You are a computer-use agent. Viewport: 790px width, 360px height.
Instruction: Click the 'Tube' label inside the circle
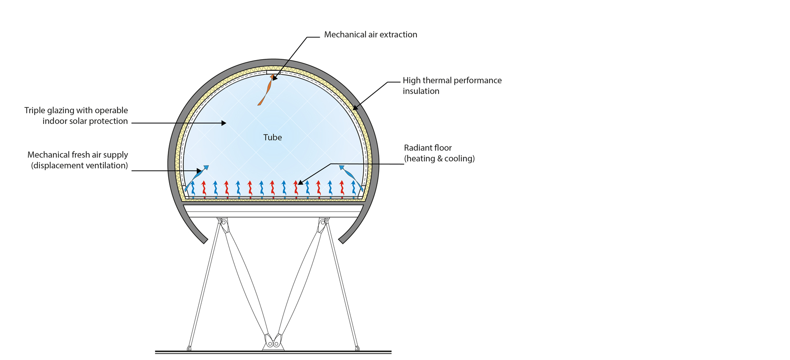click(272, 137)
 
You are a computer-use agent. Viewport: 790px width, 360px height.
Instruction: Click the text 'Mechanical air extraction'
click(370, 35)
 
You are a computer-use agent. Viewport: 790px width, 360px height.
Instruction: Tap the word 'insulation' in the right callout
click(421, 91)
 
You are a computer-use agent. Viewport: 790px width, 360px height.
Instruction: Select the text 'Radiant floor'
click(428, 148)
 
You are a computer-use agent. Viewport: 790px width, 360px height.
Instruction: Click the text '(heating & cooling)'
click(439, 158)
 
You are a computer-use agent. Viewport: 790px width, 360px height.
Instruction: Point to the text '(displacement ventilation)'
click(79, 165)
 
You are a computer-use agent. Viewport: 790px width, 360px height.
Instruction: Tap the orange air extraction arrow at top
click(265, 92)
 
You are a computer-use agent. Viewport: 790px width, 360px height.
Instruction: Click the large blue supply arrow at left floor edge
click(196, 178)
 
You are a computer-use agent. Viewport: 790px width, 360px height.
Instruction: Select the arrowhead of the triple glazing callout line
click(224, 123)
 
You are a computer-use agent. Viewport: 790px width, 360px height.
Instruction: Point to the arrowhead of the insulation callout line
click(355, 108)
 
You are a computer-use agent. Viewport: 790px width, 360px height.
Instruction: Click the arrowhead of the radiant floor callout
click(300, 182)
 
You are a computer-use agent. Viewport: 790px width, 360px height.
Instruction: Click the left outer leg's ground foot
click(189, 348)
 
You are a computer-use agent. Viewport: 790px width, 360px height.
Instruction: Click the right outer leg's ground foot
click(357, 348)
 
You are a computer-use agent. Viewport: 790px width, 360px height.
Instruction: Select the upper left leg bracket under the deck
click(223, 224)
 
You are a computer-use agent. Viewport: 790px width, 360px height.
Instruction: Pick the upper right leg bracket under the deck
click(323, 224)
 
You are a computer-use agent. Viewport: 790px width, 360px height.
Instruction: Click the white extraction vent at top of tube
click(273, 72)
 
